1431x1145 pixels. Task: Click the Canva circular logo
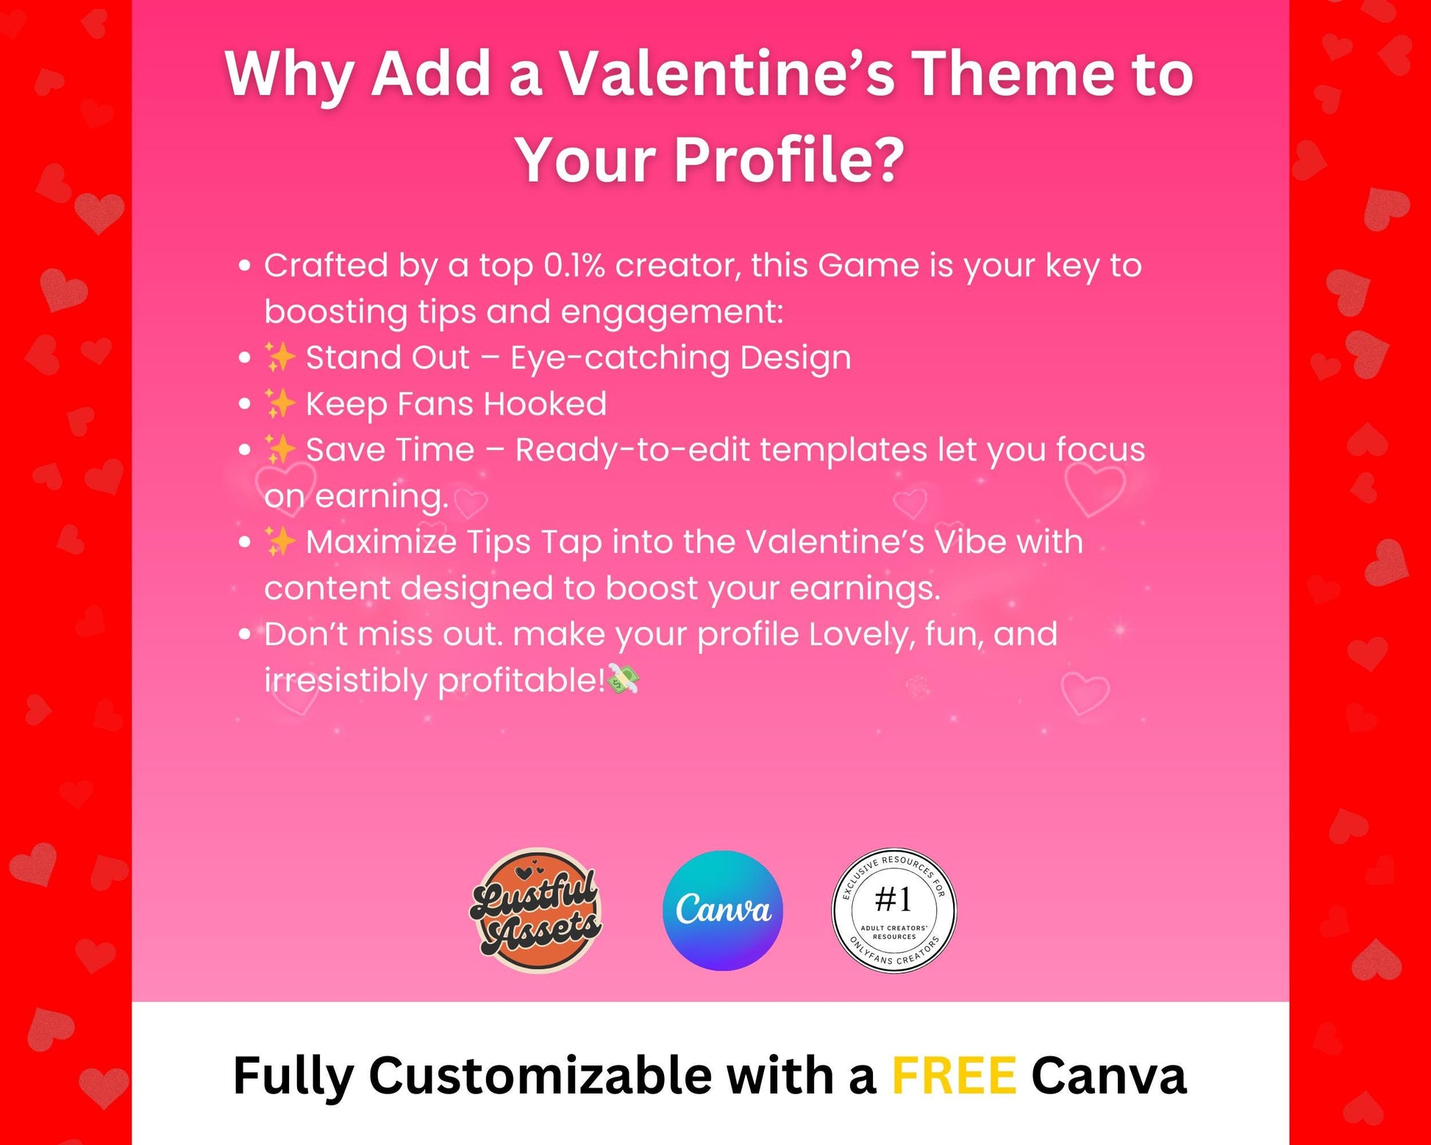coord(722,910)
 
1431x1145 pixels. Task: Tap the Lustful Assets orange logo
coord(536,910)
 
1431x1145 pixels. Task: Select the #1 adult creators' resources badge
coord(893,910)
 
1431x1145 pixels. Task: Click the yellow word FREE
coord(954,1075)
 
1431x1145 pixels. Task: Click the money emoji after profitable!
coord(624,679)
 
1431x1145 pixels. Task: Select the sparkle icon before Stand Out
coord(279,357)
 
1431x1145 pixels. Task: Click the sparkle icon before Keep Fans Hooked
coord(279,404)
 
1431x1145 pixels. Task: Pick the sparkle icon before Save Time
coord(279,449)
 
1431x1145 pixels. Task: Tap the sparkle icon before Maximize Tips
coord(279,542)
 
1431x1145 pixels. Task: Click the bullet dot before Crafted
coord(245,266)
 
